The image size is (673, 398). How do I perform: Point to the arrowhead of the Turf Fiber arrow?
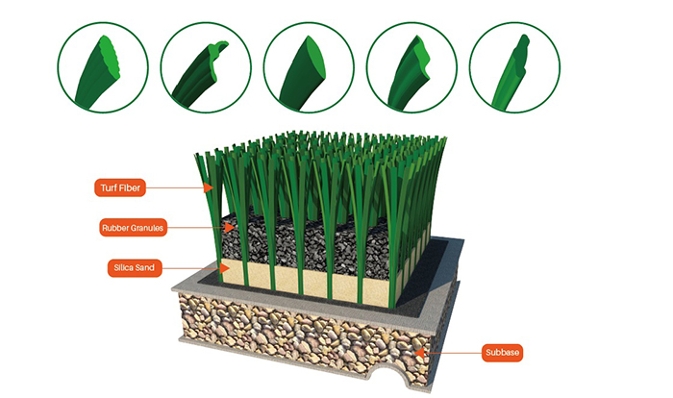pos(213,187)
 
